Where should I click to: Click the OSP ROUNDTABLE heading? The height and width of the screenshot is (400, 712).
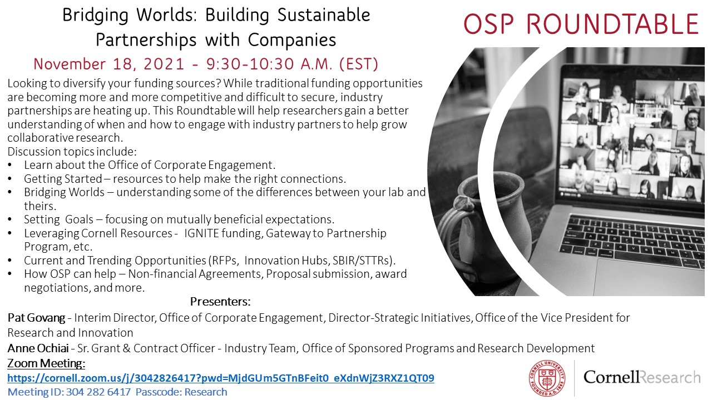coord(581,24)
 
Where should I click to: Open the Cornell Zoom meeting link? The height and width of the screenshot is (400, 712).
coord(221,378)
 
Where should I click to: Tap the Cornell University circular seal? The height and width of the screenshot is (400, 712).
coord(547,378)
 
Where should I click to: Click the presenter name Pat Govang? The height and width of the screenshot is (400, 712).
coord(36,317)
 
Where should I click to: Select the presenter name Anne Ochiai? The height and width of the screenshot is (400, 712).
coord(38,348)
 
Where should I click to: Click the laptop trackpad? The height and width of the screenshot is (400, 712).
coord(649,277)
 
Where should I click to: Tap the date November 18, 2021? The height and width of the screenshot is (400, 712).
coord(108,64)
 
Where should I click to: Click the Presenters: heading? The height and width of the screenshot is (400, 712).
coord(220,302)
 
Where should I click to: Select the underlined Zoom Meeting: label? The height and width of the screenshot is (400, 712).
coord(46,363)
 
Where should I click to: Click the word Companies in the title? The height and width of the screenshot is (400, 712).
coord(292,41)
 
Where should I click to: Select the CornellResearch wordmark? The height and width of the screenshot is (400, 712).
coord(642,377)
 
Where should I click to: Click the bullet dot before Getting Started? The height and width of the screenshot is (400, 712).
coord(10,179)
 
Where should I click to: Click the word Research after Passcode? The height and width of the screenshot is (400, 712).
coord(206,392)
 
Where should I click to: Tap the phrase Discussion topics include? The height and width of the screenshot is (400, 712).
coord(72,152)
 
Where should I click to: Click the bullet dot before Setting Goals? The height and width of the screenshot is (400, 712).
coord(10,219)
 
